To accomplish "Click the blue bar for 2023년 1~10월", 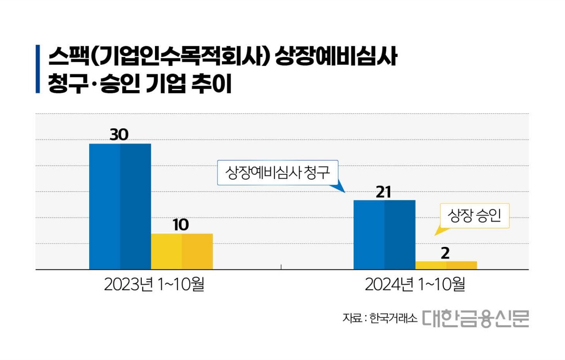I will click(x=120, y=206).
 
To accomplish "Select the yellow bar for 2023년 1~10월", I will click(x=182, y=251).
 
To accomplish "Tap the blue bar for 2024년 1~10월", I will click(x=384, y=235).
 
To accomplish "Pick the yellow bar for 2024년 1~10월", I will click(x=446, y=265).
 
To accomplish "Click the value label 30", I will click(x=119, y=135).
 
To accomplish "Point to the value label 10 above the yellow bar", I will click(x=181, y=225).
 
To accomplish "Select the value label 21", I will click(x=384, y=192).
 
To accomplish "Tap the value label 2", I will click(x=445, y=253).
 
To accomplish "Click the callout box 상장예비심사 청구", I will click(x=277, y=172).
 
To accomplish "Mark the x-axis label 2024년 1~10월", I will click(x=415, y=284).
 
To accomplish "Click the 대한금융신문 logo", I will click(x=475, y=318).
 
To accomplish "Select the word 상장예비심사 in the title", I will click(x=335, y=58).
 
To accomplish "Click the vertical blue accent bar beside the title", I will click(x=38, y=69).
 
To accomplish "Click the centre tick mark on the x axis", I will click(x=281, y=266).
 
